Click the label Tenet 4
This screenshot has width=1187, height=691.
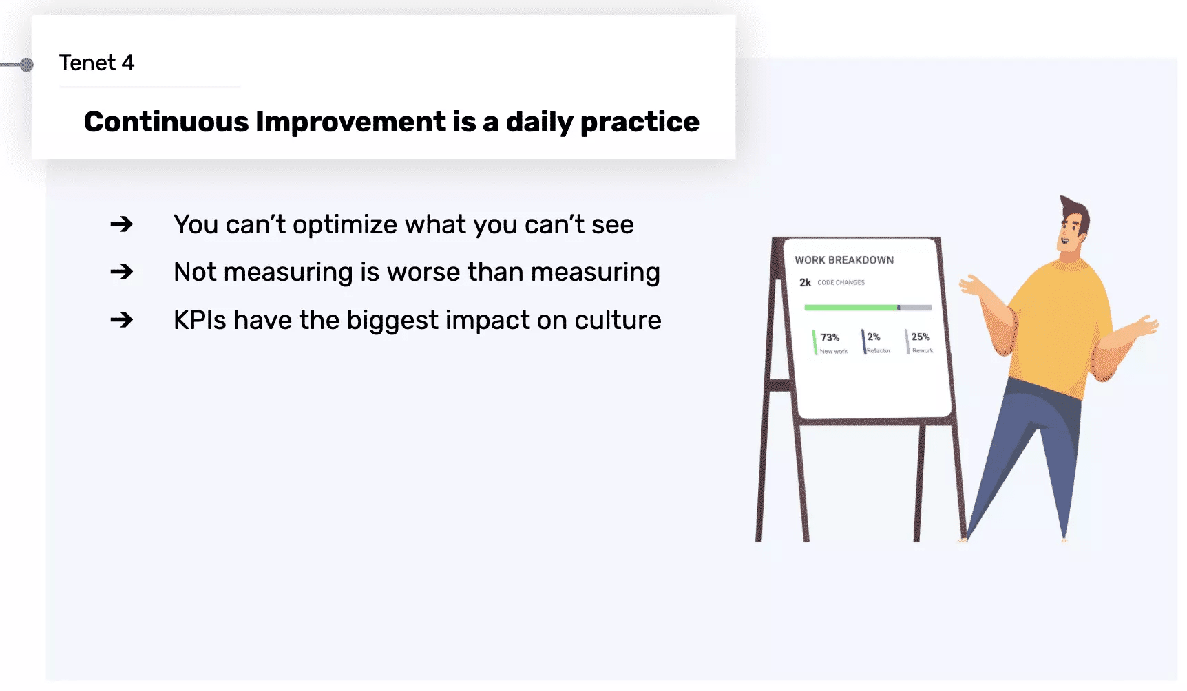(x=96, y=63)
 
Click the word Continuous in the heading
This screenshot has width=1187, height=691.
(x=166, y=122)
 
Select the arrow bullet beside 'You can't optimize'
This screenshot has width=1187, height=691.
(x=121, y=224)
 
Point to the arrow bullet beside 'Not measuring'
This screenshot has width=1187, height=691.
(x=121, y=272)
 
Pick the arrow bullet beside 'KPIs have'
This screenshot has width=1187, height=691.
(x=121, y=320)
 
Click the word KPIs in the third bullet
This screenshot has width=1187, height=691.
(x=200, y=320)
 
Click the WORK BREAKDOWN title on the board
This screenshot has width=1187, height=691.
(x=844, y=260)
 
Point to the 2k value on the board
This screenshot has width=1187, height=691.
(x=805, y=282)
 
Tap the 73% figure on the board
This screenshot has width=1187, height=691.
(x=830, y=337)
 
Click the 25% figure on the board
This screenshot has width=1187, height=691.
(x=921, y=337)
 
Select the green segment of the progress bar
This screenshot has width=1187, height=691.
(x=851, y=308)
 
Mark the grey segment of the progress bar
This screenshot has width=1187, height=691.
(x=916, y=308)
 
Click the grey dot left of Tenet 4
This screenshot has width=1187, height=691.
(x=27, y=65)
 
